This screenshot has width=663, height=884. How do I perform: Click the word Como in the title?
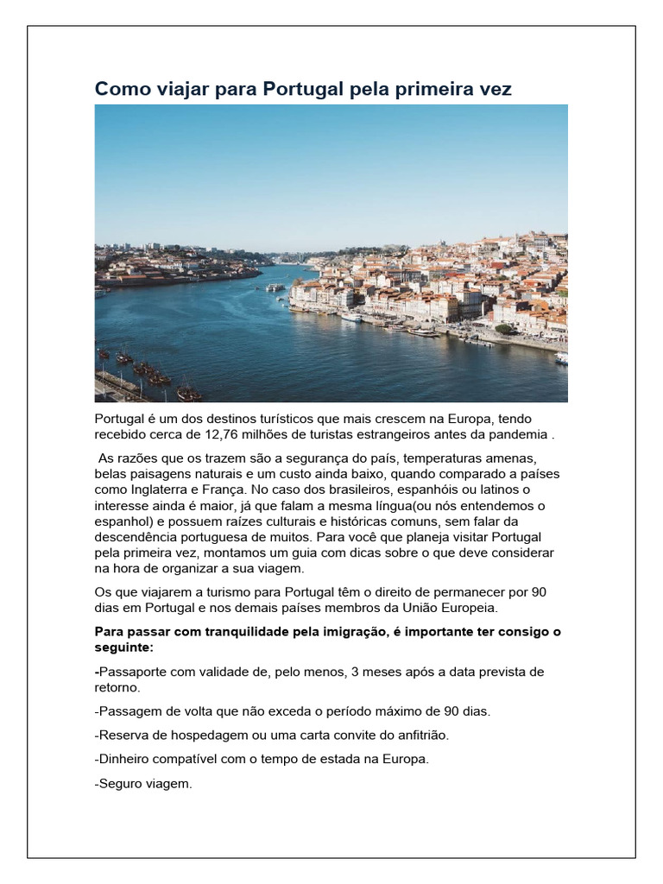117,89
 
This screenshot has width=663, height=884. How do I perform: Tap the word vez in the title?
495,89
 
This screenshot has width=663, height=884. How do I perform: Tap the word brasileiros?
364,489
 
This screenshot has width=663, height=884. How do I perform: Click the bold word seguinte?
125,647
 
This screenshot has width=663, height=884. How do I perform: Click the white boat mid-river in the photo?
275,287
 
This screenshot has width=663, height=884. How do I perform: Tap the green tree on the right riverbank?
503,328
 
